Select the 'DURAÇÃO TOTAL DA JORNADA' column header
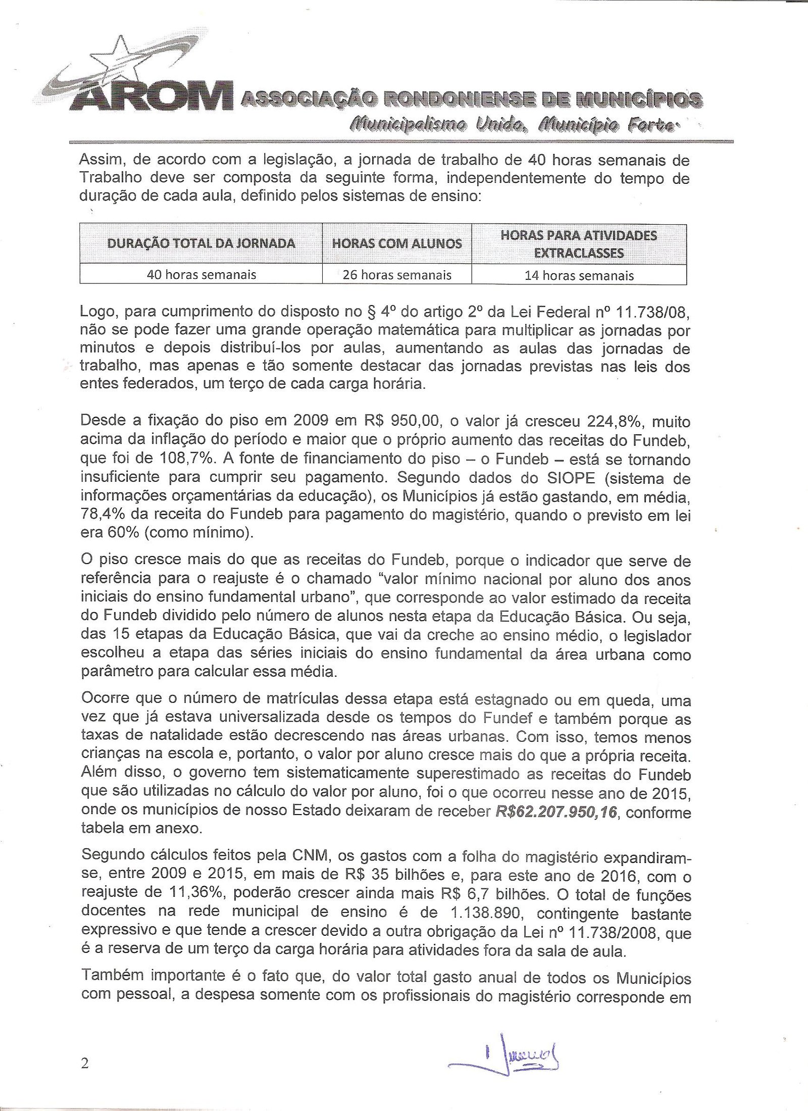click(x=200, y=243)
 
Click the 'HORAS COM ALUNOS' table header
click(x=396, y=244)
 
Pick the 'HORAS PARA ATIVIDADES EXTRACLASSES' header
click(x=579, y=244)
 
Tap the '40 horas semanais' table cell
click(x=201, y=275)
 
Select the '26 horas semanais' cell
click(x=396, y=275)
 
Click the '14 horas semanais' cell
click(x=579, y=276)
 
